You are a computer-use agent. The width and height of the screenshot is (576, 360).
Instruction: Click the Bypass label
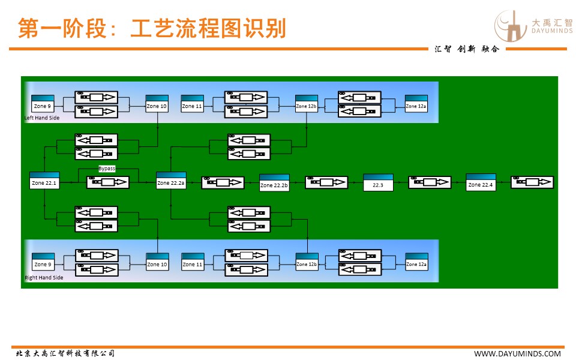(107, 169)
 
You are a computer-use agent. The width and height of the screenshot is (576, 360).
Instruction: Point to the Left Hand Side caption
(42, 118)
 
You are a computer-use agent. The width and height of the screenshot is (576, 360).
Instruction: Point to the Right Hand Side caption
(44, 278)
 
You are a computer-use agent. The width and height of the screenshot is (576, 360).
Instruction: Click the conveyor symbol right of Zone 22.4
(532, 182)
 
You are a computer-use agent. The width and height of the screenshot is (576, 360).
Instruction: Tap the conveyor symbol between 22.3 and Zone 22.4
(430, 182)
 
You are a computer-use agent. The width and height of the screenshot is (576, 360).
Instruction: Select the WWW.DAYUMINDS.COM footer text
(518, 354)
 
